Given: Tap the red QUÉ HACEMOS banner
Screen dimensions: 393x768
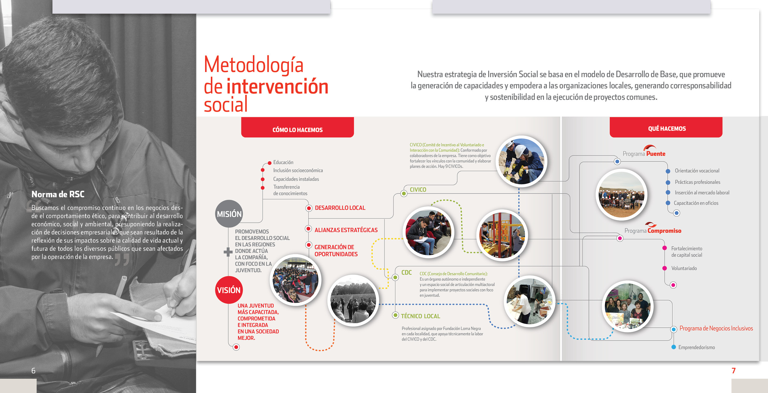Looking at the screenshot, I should point(666,128).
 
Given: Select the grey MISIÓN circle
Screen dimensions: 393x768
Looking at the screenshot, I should point(229,214).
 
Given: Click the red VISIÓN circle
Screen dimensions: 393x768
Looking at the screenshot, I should point(229,290).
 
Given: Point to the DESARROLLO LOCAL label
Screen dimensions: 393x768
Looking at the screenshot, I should point(340,208).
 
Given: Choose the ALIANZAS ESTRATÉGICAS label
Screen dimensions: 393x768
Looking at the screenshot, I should point(346,230).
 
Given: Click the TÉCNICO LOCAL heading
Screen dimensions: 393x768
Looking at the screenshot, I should point(420,316).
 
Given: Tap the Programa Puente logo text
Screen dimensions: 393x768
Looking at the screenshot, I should point(644,153).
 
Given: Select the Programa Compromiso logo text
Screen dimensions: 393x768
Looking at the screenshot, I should point(653,231).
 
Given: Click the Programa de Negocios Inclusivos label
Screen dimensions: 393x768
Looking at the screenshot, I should point(716,328).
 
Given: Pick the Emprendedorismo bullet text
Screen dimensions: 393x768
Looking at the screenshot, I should point(696,347).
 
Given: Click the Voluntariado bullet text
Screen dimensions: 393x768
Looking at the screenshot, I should point(684,268).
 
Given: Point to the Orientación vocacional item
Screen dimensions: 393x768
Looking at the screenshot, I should point(697,171).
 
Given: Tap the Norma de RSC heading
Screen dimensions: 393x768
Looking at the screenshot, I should point(58,194).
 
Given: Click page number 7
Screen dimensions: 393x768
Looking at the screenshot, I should point(733,371).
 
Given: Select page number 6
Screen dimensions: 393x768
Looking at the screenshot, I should point(33,371).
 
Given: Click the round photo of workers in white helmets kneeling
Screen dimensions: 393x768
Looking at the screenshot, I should point(521,161).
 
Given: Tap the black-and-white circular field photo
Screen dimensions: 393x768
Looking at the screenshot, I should point(353,300).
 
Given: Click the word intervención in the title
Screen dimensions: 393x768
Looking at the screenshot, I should point(277,87).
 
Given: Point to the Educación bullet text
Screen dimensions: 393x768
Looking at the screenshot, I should point(283,162).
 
